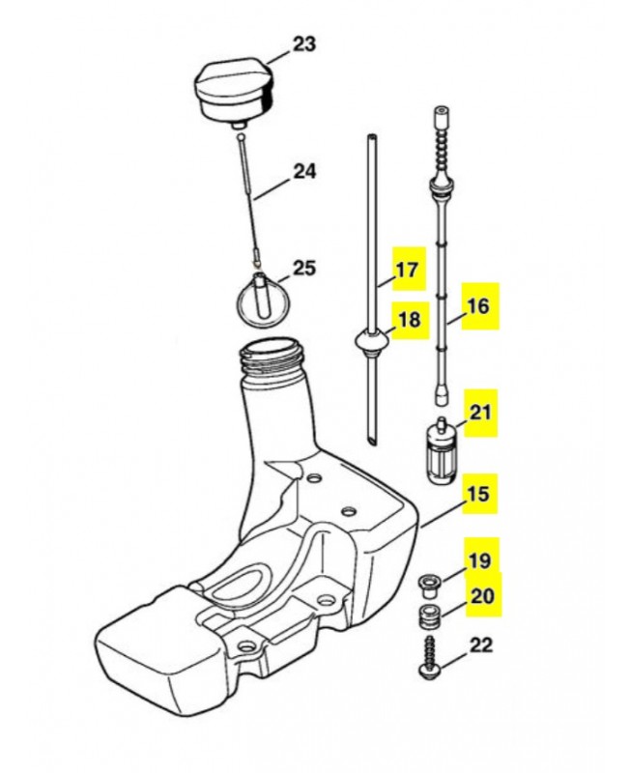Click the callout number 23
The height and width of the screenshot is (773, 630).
[x=304, y=43]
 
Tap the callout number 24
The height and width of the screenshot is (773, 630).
[x=304, y=171]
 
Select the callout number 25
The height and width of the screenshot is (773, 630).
[x=303, y=269]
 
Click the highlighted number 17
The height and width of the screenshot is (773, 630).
[x=408, y=270]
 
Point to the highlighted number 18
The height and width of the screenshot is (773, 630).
[x=409, y=320]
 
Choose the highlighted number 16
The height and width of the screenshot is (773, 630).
[x=477, y=306]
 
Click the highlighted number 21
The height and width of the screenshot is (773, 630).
[x=480, y=412]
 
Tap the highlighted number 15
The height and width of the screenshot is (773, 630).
[x=478, y=494]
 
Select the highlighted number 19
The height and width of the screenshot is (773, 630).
[x=480, y=560]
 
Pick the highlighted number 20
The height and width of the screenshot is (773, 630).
[x=482, y=595]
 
